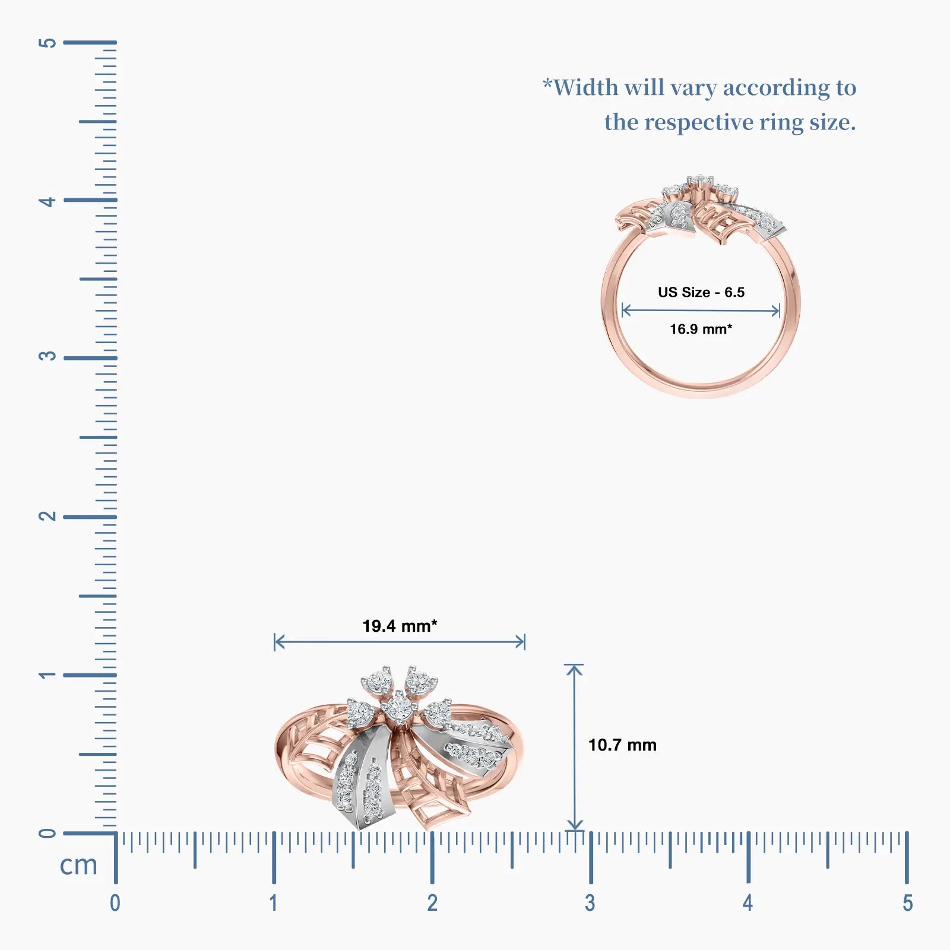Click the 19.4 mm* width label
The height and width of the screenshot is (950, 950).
400,626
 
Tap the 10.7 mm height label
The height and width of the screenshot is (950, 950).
622,745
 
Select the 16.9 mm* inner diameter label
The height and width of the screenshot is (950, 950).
701,329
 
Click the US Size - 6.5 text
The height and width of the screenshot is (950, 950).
701,292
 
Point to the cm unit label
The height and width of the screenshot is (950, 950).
78,865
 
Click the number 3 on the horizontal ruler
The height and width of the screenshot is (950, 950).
590,903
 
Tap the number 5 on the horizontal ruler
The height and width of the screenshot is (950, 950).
907,903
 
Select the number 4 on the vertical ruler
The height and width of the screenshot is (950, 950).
47,201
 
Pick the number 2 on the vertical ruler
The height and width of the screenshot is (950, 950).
47,516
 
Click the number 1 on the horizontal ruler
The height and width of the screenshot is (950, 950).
273,903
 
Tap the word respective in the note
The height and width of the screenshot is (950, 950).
699,123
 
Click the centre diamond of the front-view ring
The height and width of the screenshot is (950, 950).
398,707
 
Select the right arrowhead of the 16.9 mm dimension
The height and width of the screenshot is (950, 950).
777,310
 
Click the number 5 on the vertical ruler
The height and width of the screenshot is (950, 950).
47,43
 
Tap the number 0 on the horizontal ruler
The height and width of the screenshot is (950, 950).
115,903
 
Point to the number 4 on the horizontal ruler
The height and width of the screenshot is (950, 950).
748,903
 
